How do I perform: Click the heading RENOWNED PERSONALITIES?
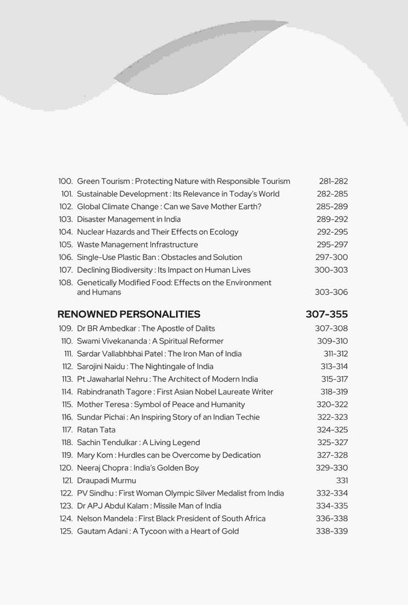(129, 314)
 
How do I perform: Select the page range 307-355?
(327, 314)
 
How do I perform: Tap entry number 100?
(66, 181)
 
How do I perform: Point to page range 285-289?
(333, 206)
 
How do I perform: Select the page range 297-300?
(333, 257)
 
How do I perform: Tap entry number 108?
(66, 282)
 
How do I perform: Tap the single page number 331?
(341, 480)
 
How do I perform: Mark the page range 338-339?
(333, 532)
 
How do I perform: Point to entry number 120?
(66, 468)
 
